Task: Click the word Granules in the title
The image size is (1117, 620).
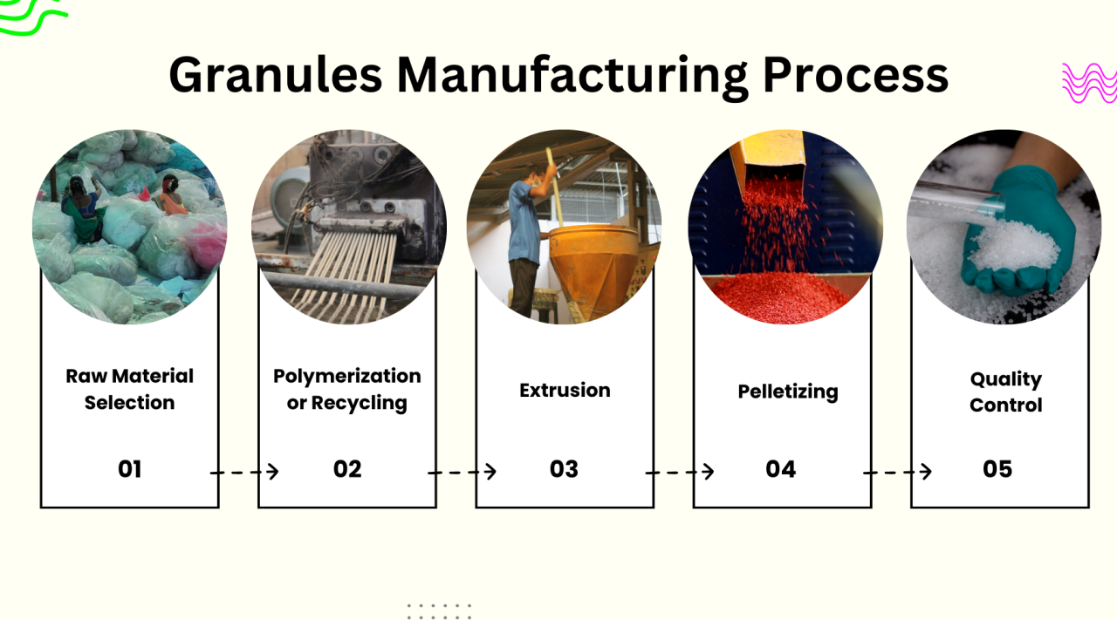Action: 275,75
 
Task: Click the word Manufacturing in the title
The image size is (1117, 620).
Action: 572,75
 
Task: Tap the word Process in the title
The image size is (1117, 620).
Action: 855,75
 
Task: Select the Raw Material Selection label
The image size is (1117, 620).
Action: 129,389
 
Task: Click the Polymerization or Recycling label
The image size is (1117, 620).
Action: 346,389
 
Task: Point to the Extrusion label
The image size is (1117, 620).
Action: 565,390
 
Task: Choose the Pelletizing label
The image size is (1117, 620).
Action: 787,392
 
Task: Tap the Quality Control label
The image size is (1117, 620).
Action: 1005,392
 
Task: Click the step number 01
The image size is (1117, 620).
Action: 129,469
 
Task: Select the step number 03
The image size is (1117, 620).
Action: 564,469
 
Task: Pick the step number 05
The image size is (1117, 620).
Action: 997,469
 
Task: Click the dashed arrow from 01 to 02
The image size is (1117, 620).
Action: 244,472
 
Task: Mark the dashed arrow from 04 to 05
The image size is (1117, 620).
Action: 897,472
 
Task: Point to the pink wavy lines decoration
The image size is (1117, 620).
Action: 1088,84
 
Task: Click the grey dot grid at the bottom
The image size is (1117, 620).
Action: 439,610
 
